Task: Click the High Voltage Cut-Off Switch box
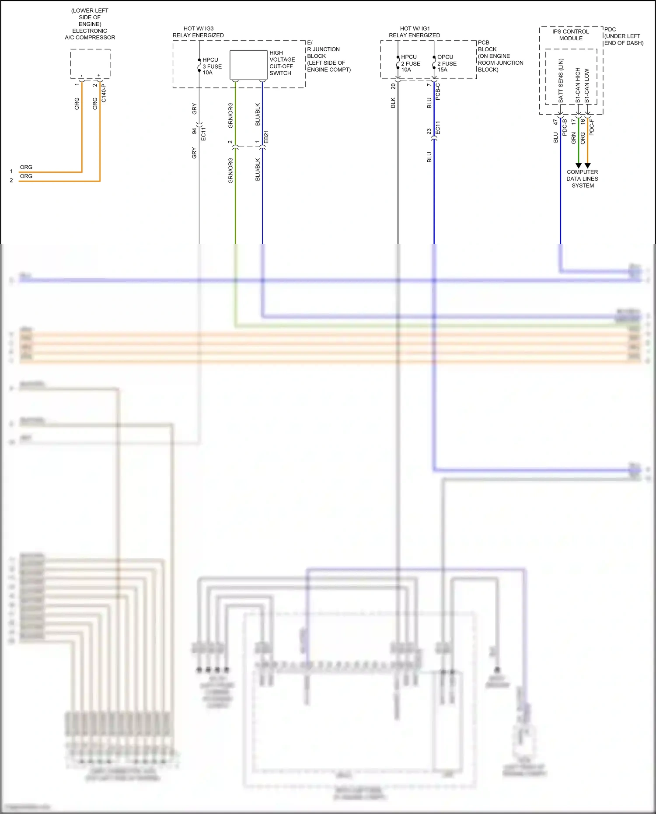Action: pyautogui.click(x=248, y=65)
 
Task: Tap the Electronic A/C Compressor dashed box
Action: pyautogui.click(x=90, y=63)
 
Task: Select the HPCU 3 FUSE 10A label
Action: pyautogui.click(x=212, y=66)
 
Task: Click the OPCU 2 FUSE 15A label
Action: pyautogui.click(x=447, y=63)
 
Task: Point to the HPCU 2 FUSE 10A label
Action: pyautogui.click(x=411, y=63)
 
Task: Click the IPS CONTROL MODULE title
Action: pyautogui.click(x=570, y=35)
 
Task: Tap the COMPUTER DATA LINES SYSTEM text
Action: pyautogui.click(x=583, y=178)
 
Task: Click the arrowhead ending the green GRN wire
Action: pyautogui.click(x=579, y=166)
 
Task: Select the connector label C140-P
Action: pyautogui.click(x=104, y=94)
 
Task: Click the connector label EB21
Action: pyautogui.click(x=266, y=137)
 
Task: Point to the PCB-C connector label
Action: pyautogui.click(x=438, y=91)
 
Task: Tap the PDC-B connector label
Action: pyautogui.click(x=565, y=127)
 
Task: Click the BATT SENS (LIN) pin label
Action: pyautogui.click(x=561, y=81)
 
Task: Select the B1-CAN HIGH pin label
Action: pyautogui.click(x=578, y=85)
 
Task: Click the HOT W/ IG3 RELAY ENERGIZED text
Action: pyautogui.click(x=198, y=32)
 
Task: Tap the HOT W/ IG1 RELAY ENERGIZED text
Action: pyautogui.click(x=415, y=32)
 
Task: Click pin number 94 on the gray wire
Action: pyautogui.click(x=194, y=131)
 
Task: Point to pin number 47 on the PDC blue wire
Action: pyautogui.click(x=555, y=122)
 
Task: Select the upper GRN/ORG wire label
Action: pyautogui.click(x=230, y=115)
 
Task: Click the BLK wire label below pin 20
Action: pyautogui.click(x=393, y=103)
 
